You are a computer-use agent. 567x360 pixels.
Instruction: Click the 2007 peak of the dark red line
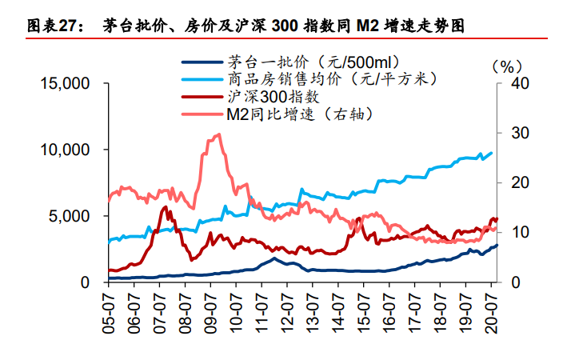tap(165, 207)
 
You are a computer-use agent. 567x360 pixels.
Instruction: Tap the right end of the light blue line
tap(491, 153)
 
